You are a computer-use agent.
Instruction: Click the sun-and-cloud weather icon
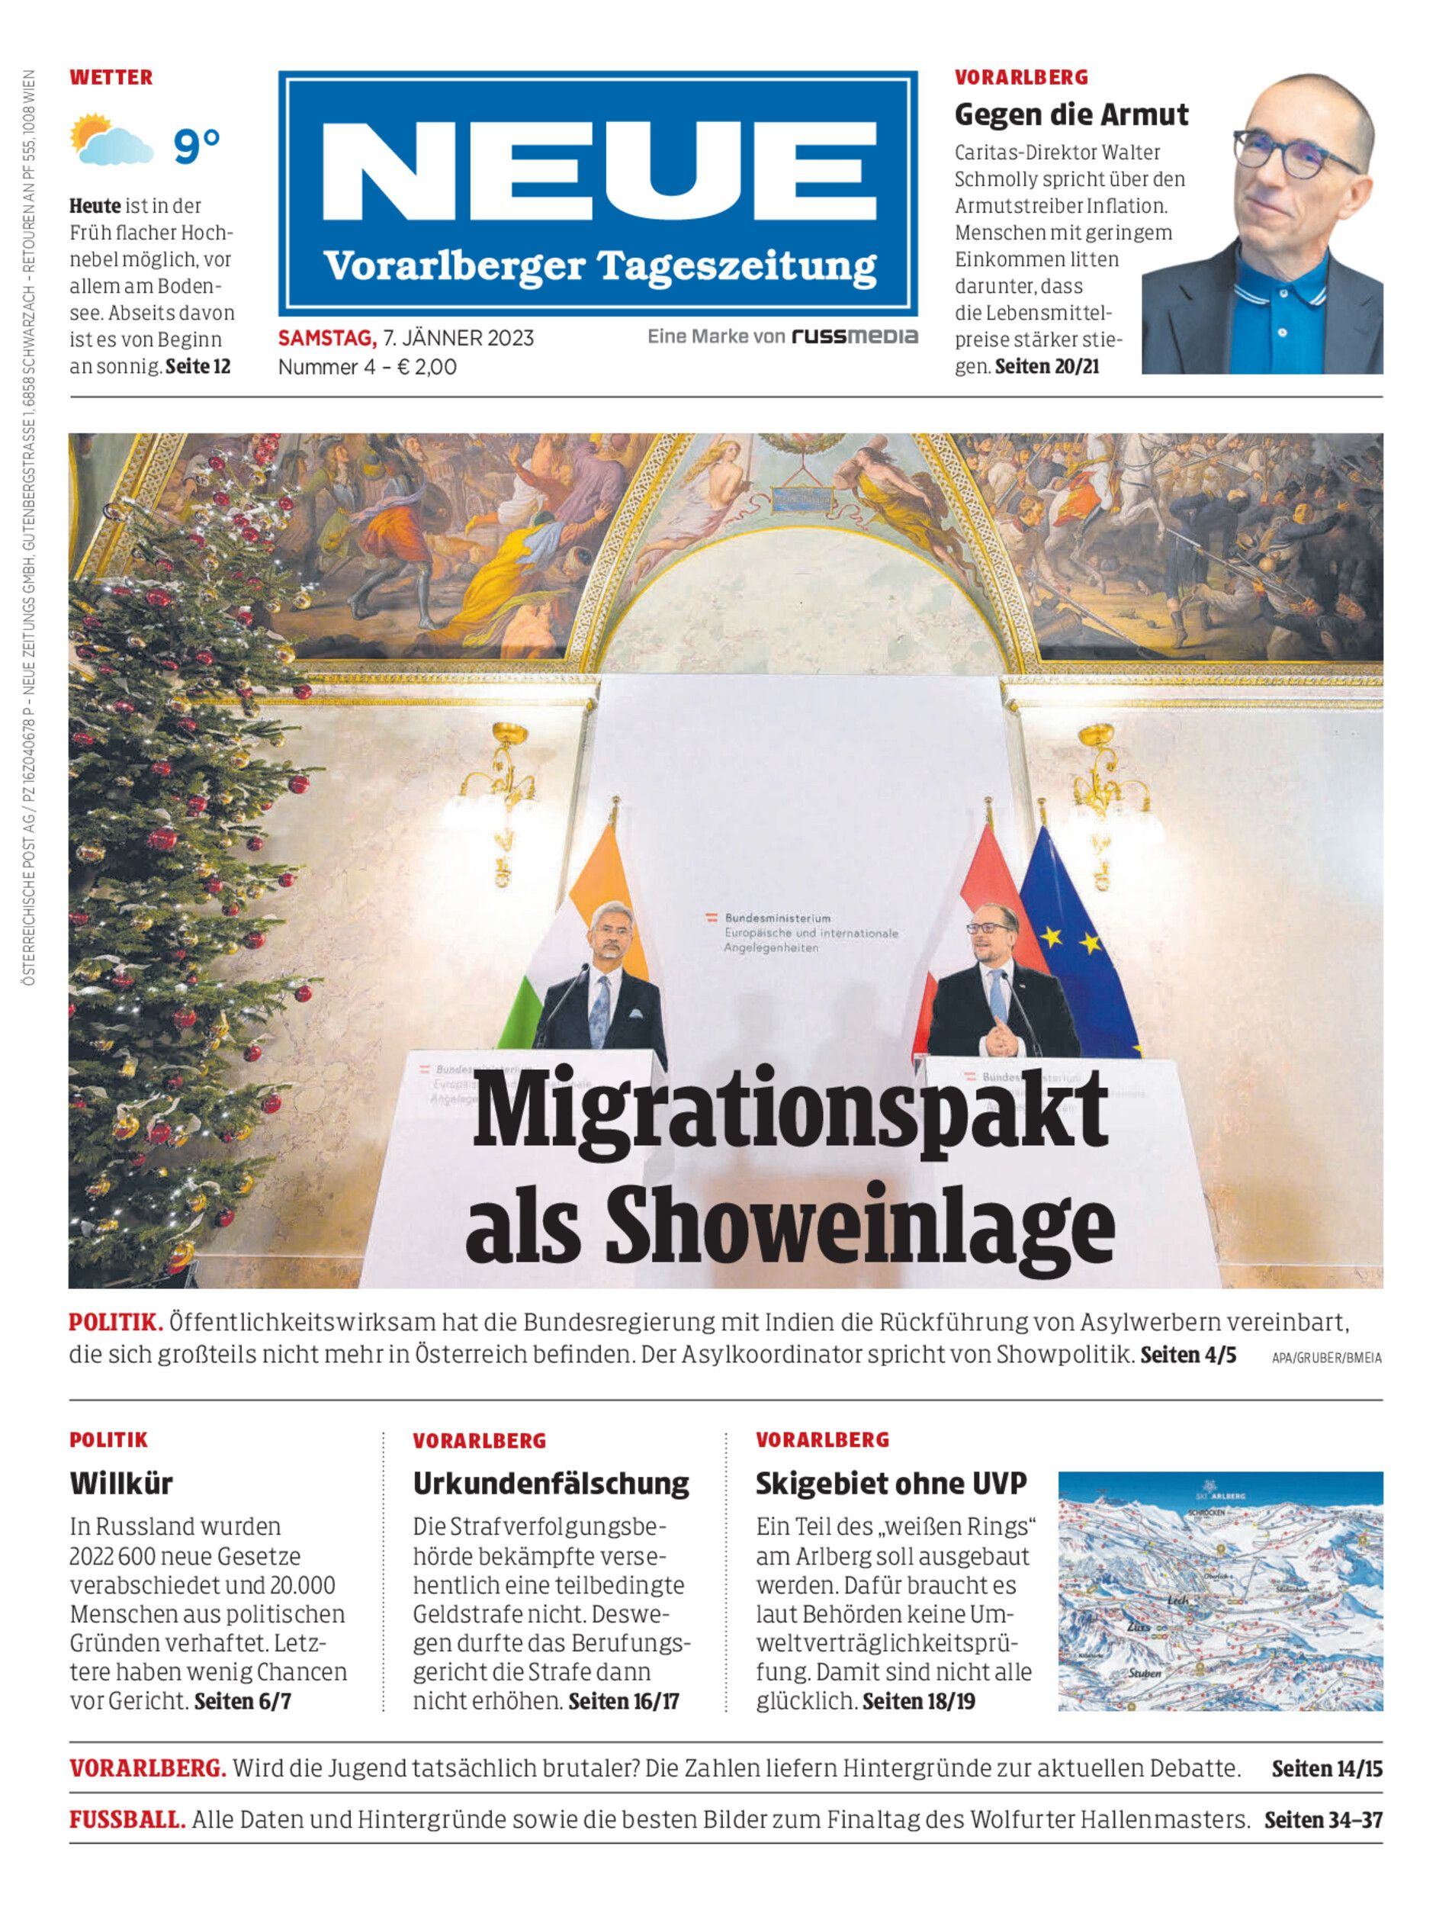[x=110, y=140]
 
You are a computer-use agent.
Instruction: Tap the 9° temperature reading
[x=197, y=145]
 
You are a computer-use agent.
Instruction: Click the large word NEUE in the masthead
[x=597, y=171]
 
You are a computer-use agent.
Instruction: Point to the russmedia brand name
[x=855, y=337]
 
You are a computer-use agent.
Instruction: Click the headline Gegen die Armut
[x=1071, y=115]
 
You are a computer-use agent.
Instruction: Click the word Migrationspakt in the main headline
[x=790, y=1114]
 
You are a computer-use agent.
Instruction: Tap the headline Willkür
[x=121, y=1484]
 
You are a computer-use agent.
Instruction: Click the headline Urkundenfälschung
[x=551, y=1484]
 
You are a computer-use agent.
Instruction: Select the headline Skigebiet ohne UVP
[x=891, y=1484]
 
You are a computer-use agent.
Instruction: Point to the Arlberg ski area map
[x=1219, y=1591]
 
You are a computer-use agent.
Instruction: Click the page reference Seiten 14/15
[x=1327, y=1769]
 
